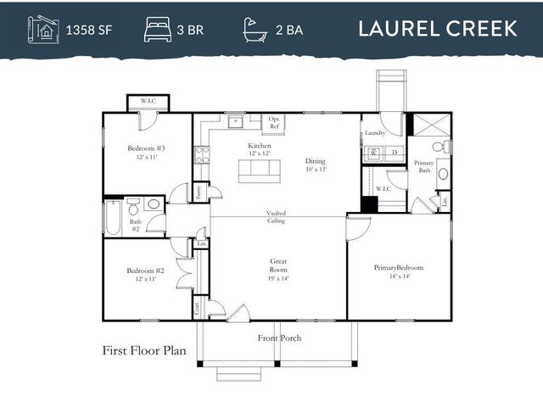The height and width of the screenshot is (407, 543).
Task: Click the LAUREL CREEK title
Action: [437, 28]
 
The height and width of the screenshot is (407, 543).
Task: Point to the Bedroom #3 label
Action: [145, 153]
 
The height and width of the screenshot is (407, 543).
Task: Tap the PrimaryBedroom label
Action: [398, 271]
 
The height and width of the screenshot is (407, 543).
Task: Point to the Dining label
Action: [315, 164]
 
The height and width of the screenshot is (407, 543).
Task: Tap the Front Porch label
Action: [279, 338]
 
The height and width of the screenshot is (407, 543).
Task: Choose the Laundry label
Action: [374, 133]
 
